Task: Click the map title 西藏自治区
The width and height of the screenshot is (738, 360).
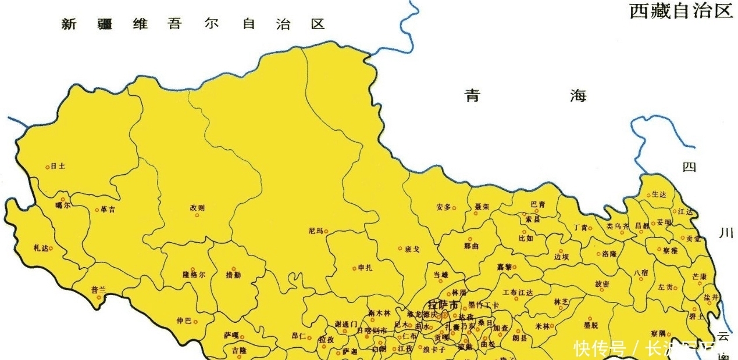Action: pos(681,11)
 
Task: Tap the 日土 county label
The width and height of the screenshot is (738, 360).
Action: pos(58,166)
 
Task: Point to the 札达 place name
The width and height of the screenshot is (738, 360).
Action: pos(40,248)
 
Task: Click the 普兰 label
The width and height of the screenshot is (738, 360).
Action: pos(98,289)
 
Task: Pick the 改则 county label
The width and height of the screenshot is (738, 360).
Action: pos(197,207)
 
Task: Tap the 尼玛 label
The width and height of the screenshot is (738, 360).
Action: pos(315,231)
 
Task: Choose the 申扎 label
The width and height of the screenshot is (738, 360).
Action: pos(365,268)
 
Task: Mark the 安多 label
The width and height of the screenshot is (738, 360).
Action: pos(443,207)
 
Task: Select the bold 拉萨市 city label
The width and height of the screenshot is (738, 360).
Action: pos(443,305)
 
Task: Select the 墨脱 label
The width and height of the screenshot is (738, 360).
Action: pos(591,326)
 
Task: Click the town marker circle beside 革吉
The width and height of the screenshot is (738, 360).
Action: pos(97,210)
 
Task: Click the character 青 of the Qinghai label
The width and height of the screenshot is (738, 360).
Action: pos(472,96)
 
